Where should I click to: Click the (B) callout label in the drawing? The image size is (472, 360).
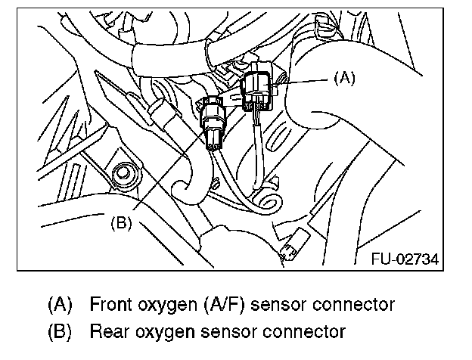coord(123,224)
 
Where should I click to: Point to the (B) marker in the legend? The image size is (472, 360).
coord(60,331)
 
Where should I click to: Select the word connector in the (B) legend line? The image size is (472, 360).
coord(291,332)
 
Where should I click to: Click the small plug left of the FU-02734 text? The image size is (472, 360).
coord(291,250)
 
